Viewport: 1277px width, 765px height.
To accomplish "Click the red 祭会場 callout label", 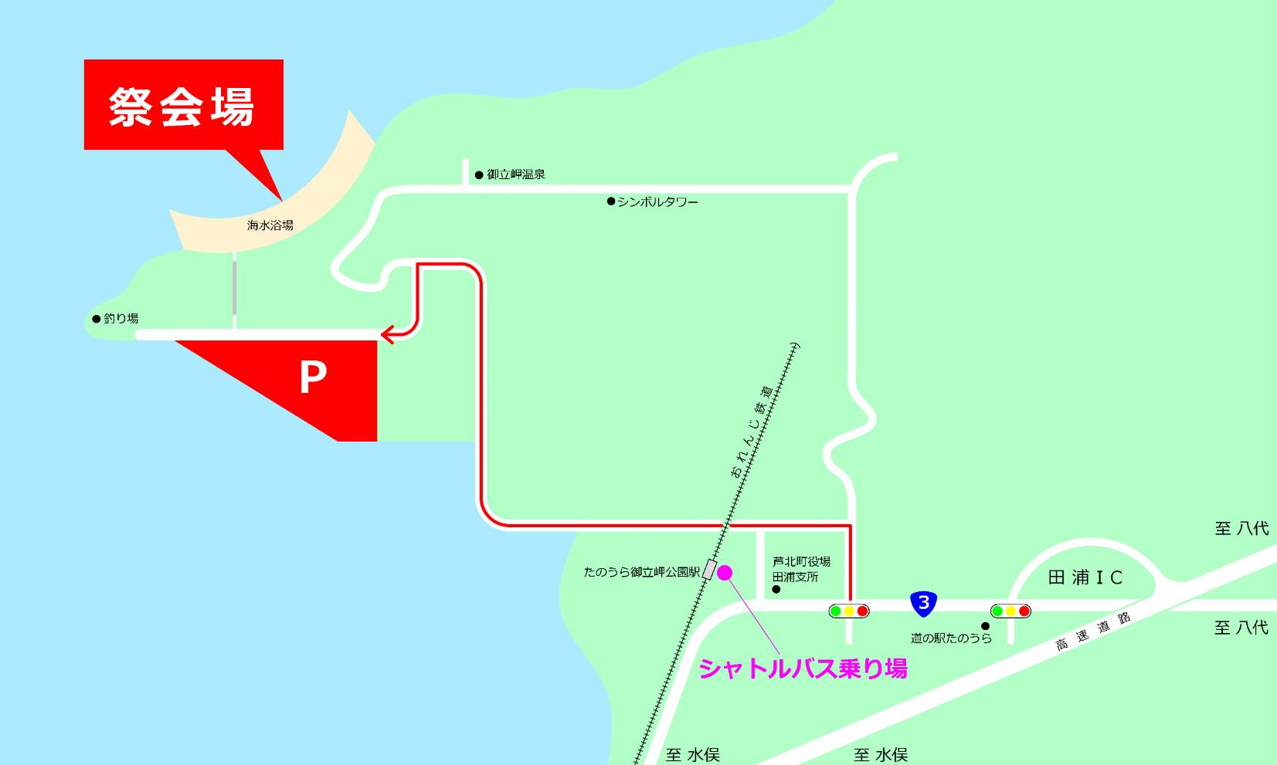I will click(x=183, y=105).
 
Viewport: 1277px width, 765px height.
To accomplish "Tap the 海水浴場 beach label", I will click(x=270, y=225).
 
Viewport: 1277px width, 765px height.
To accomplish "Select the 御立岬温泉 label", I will click(x=515, y=174).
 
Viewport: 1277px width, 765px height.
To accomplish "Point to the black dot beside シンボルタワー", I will click(x=611, y=201).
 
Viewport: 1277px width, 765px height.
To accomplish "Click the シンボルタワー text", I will click(x=657, y=202).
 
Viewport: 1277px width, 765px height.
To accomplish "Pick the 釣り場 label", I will click(x=121, y=318).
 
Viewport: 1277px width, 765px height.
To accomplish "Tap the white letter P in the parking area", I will click(x=313, y=378).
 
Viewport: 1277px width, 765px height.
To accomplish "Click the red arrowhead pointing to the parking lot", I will click(x=387, y=334).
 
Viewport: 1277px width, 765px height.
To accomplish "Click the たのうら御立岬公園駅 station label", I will click(x=641, y=573).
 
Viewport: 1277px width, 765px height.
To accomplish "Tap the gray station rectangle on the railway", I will click(x=708, y=570).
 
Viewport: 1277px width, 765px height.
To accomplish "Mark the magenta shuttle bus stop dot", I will click(x=725, y=572).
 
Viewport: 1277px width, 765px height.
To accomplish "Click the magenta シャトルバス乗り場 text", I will click(x=803, y=669).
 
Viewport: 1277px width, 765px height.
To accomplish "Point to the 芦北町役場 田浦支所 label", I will click(x=801, y=569).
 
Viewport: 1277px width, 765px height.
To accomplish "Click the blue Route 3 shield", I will click(x=923, y=602).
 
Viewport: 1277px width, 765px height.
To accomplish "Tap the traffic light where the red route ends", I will click(x=849, y=611).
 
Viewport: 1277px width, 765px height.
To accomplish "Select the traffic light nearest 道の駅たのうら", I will click(x=1010, y=611).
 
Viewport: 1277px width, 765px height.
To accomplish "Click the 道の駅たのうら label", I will click(x=951, y=638).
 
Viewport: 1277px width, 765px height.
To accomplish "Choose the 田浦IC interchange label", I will click(x=1085, y=577).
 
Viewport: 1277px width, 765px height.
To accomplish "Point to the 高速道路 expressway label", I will click(x=1093, y=631).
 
